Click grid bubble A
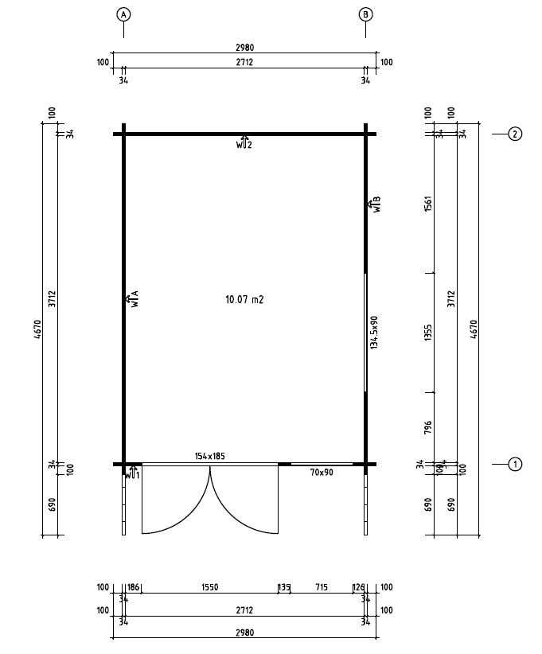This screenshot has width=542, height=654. (x=123, y=14)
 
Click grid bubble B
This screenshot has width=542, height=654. (x=365, y=14)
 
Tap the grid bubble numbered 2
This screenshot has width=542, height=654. (x=515, y=134)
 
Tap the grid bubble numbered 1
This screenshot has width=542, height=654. (x=515, y=464)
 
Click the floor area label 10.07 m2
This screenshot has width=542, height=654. (x=244, y=300)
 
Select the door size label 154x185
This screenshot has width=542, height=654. (x=210, y=456)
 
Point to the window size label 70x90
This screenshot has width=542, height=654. (x=322, y=473)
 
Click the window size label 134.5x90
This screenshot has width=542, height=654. (x=374, y=332)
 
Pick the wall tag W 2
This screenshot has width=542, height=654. (x=244, y=144)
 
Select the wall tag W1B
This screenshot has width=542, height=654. (x=375, y=204)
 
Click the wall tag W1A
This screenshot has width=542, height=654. (x=132, y=299)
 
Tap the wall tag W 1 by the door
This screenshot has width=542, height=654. (x=132, y=474)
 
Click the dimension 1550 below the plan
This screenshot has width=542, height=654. (x=209, y=588)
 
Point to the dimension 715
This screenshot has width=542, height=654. (x=322, y=588)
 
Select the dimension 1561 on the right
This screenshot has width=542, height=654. (x=428, y=204)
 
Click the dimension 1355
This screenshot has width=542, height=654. (x=428, y=333)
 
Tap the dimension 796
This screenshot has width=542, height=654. (x=428, y=428)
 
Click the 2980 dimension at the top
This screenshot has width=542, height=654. (x=244, y=48)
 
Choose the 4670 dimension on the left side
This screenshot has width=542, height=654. (x=37, y=329)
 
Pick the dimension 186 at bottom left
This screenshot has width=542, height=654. (x=134, y=588)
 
